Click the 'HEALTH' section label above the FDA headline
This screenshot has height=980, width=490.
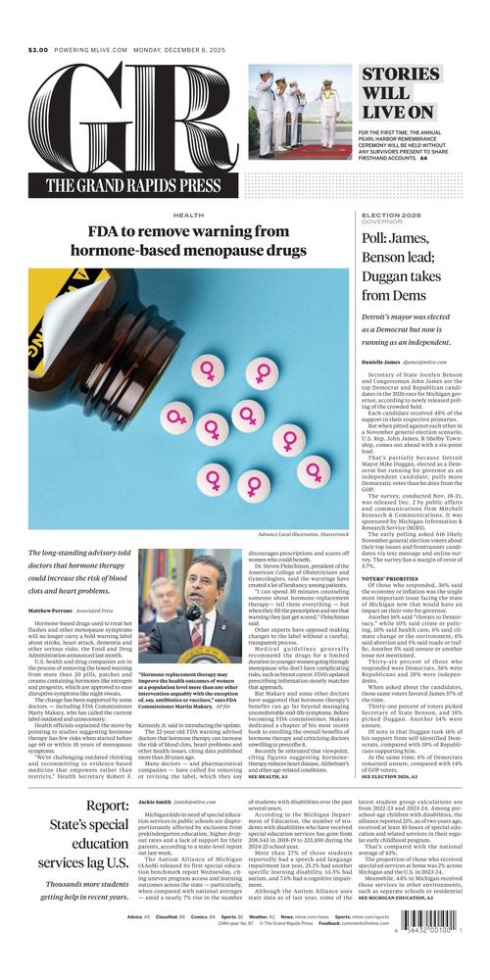click(x=188, y=215)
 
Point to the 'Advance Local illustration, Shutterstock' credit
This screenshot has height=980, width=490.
click(x=303, y=534)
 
